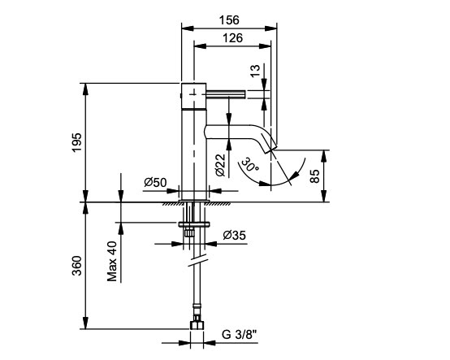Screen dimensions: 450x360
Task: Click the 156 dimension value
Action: (229, 20)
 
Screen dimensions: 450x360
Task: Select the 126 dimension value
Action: (233, 37)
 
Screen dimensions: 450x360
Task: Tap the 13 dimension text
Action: (255, 71)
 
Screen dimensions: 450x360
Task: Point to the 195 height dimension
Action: (77, 142)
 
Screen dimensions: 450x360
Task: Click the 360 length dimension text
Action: (77, 266)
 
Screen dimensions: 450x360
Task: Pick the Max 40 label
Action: (112, 261)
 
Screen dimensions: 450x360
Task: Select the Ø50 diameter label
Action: (155, 182)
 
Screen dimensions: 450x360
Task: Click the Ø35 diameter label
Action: (235, 235)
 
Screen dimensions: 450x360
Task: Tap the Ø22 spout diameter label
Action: (220, 165)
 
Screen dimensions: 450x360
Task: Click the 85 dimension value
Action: (315, 176)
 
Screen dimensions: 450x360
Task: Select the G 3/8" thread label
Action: (239, 335)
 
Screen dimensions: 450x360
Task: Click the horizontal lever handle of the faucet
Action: (226, 94)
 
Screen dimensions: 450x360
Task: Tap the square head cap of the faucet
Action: (193, 96)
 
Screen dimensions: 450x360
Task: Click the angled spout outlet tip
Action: (270, 148)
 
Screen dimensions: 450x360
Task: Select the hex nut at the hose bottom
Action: (197, 325)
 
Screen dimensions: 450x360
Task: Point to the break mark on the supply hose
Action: (197, 261)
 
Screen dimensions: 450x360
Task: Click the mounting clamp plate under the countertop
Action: (194, 224)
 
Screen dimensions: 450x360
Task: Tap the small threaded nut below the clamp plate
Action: (188, 232)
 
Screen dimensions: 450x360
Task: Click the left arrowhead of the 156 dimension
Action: (188, 28)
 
